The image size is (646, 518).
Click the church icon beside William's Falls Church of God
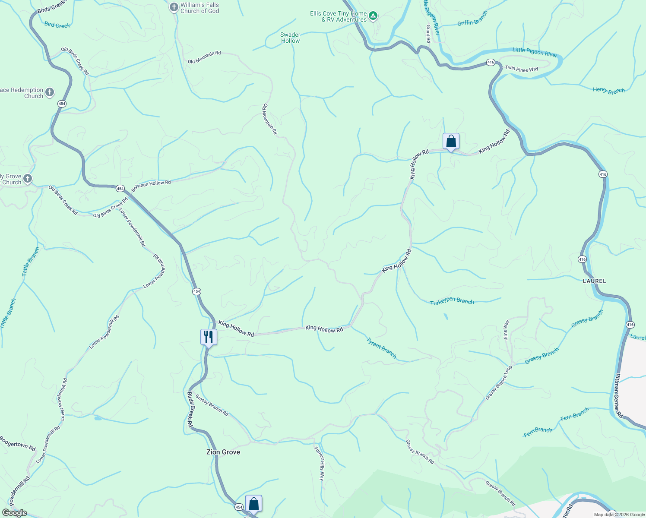[x=174, y=7]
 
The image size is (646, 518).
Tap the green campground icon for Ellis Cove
[x=374, y=16]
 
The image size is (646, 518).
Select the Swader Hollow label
[x=290, y=38]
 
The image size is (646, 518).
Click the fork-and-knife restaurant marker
[x=209, y=337]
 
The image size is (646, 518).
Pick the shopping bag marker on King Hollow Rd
[x=451, y=141]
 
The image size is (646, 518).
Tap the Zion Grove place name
[x=223, y=452]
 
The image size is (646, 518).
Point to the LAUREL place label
[x=594, y=281]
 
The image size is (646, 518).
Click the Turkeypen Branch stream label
[x=452, y=301]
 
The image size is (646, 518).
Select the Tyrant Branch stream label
[x=381, y=348]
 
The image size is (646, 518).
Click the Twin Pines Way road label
[x=522, y=69]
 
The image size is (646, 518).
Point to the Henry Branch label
[x=608, y=90]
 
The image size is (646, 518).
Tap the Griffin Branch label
[x=472, y=19]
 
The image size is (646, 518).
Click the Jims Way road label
[x=507, y=330]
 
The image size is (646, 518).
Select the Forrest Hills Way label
[x=319, y=464]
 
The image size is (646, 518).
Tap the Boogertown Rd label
[x=17, y=444]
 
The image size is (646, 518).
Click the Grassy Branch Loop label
[x=499, y=382]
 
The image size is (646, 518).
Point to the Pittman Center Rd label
[x=619, y=395]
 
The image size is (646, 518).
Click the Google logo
[x=14, y=513]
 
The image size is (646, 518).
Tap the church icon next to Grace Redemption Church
[x=50, y=92]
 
